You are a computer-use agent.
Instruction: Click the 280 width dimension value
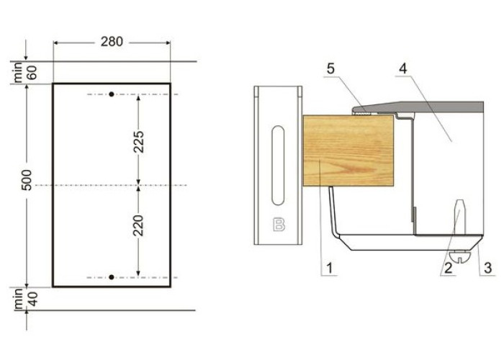(112, 42)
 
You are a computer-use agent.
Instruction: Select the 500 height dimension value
(27, 180)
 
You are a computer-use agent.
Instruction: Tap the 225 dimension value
(139, 142)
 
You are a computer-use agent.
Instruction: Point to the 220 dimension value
(139, 225)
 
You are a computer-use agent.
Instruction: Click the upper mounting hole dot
(112, 94)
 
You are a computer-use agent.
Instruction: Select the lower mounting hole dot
(112, 277)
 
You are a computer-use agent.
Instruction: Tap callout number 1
(329, 268)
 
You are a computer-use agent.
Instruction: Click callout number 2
(449, 268)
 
